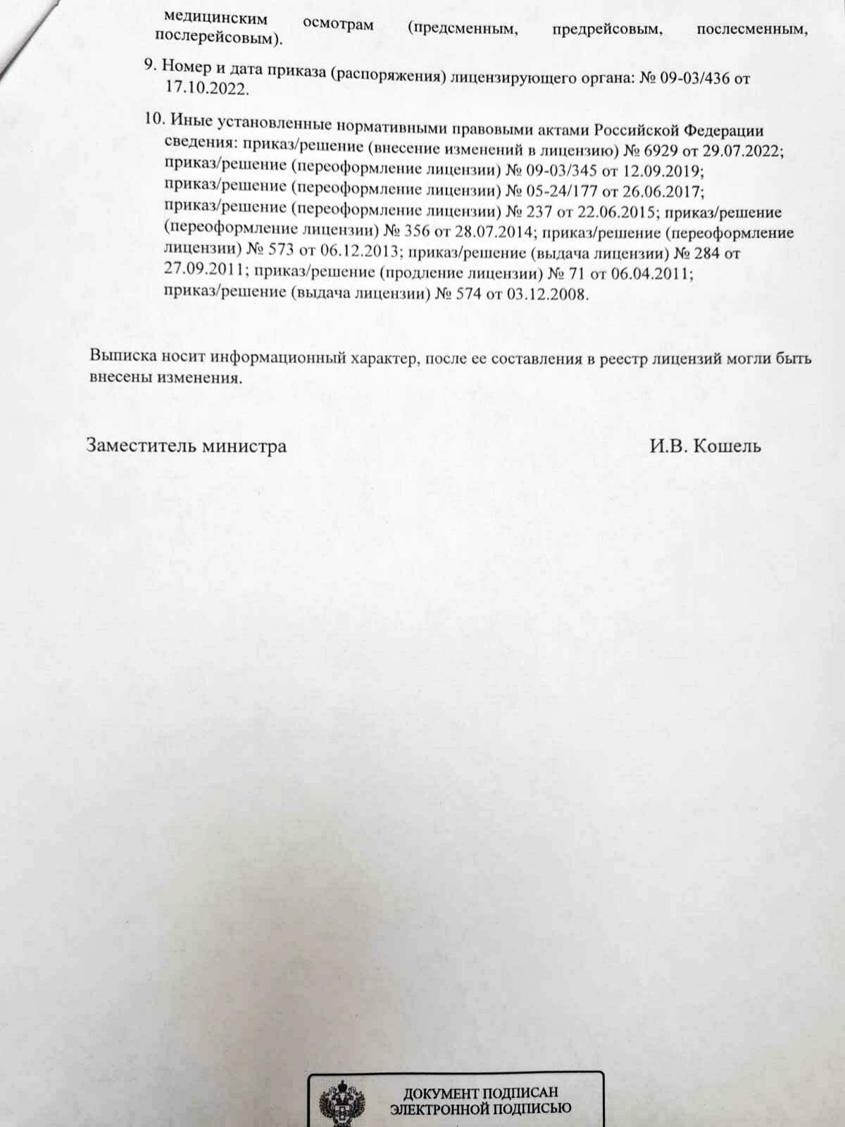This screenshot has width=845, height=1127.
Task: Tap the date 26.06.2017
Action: click(x=664, y=192)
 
